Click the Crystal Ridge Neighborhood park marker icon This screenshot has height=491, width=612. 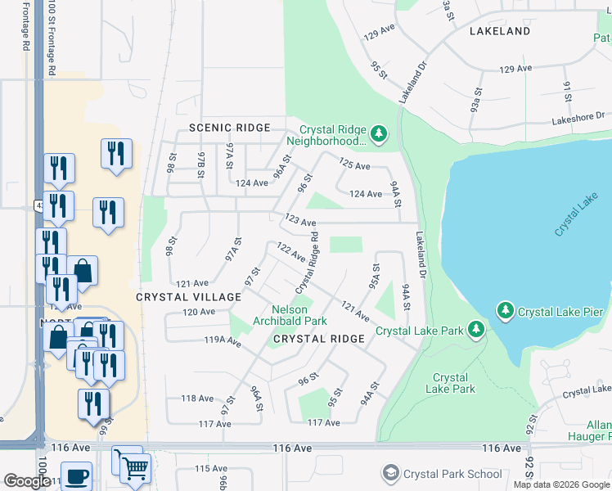click(x=378, y=133)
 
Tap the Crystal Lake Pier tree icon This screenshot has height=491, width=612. click(x=506, y=311)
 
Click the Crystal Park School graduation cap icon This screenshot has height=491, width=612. click(x=391, y=474)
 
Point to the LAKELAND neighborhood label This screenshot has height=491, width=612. click(x=500, y=31)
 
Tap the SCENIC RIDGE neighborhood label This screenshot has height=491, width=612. click(x=229, y=128)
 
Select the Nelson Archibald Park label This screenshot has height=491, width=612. click(x=299, y=315)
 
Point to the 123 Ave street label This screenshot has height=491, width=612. click(x=300, y=220)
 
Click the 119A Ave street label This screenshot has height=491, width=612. click(x=222, y=340)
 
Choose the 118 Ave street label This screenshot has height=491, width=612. click(x=197, y=399)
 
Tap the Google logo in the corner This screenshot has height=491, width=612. click(x=26, y=480)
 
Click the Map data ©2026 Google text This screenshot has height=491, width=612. click(x=561, y=484)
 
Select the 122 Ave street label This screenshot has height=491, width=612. click(x=290, y=252)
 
